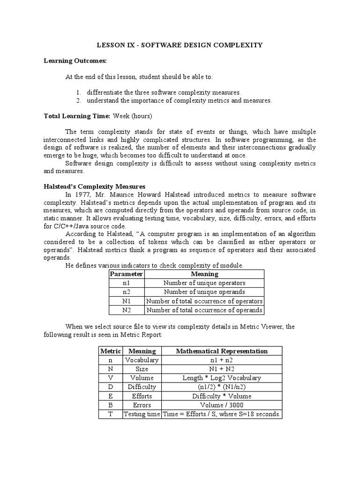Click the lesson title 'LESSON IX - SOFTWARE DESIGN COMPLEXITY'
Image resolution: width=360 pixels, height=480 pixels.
[x=180, y=45]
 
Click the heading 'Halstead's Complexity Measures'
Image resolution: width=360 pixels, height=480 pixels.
[x=94, y=187]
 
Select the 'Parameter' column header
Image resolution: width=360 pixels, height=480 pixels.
[x=126, y=274]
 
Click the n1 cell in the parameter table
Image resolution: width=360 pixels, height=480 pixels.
[x=126, y=283]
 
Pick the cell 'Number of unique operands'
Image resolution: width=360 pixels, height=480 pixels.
[x=204, y=292]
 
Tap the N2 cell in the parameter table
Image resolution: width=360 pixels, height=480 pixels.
[x=126, y=310]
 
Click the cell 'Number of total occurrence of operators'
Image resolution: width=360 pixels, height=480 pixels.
[x=204, y=301]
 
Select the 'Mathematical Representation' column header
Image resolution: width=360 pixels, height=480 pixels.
[x=221, y=351]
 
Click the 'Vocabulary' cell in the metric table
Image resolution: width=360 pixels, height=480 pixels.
[x=142, y=360]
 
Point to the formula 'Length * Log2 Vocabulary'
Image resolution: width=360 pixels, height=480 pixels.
[x=221, y=378]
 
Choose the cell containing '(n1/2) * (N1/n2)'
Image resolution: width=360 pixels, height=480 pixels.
[x=221, y=387]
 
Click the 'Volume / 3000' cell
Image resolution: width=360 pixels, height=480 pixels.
[x=221, y=405]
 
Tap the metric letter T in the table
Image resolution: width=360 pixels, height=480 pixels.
[x=111, y=414]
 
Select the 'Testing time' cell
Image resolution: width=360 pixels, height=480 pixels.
[x=142, y=414]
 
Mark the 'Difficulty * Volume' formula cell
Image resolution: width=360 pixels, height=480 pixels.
[x=221, y=396]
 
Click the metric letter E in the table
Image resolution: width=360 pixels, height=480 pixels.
[x=111, y=396]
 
